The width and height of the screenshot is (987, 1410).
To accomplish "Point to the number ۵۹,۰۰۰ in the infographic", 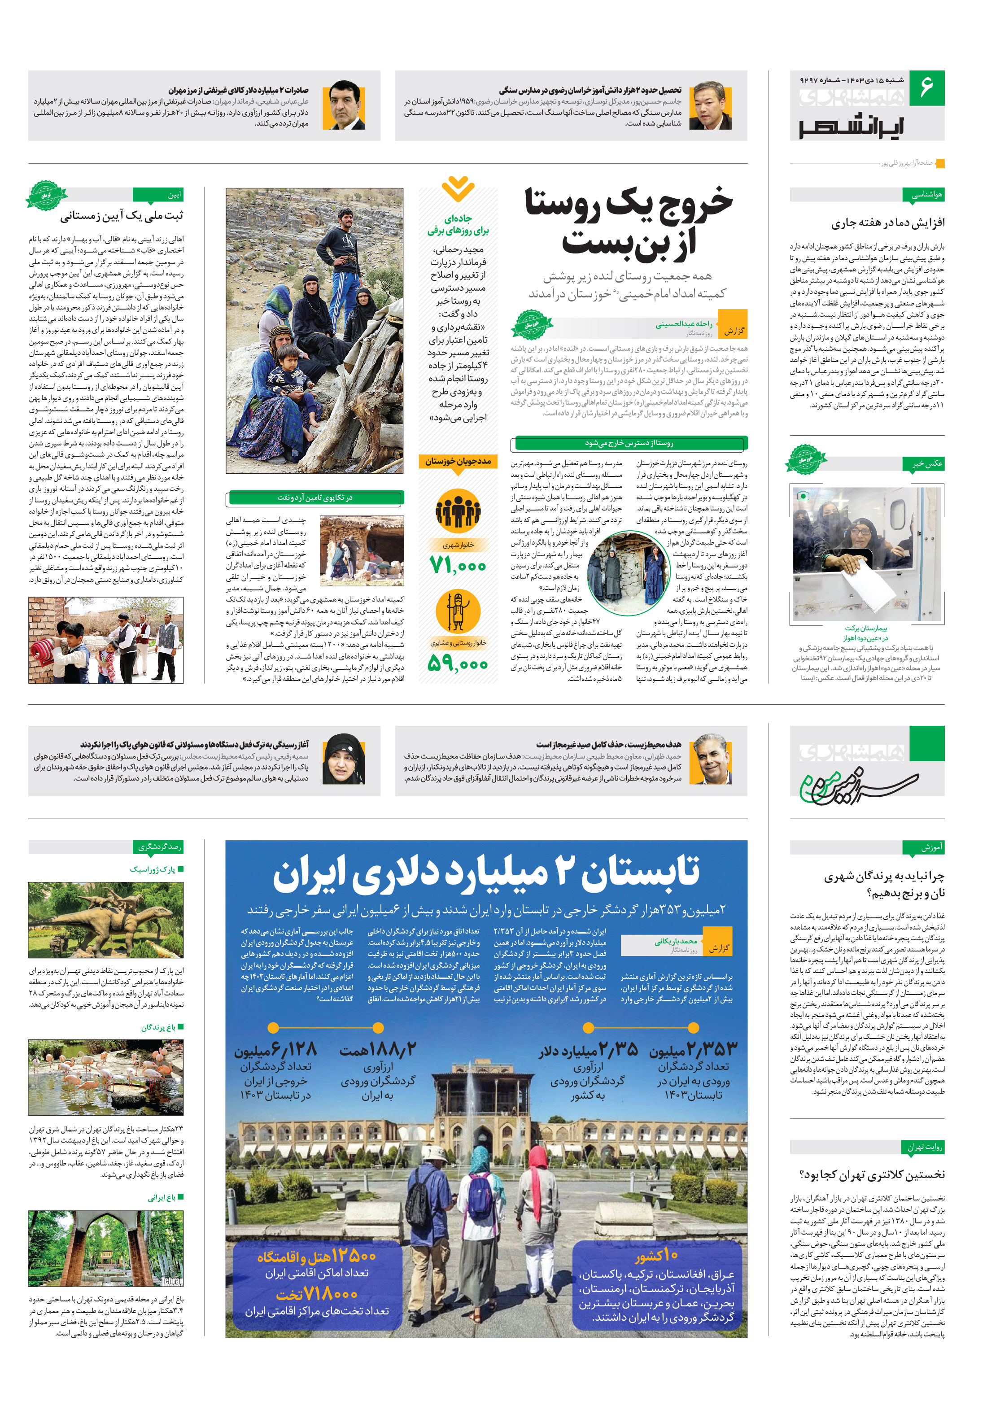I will (458, 663).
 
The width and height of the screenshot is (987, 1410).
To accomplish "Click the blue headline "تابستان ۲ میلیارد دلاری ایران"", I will (486, 874).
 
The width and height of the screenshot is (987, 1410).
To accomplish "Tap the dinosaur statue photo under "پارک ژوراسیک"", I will (105, 920).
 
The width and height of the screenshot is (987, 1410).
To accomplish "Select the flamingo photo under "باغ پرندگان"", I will (105, 1078).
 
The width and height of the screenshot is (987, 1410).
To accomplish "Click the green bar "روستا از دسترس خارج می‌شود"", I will (629, 443).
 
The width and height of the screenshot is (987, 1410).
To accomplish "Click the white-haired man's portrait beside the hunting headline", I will (710, 759).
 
